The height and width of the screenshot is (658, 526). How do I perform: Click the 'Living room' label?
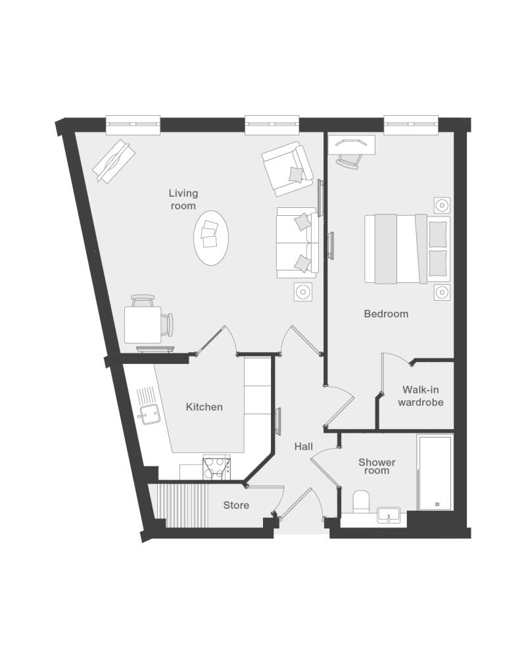click(x=183, y=199)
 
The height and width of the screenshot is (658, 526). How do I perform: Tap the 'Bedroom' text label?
click(x=386, y=313)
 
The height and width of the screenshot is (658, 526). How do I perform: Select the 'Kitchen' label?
click(x=204, y=407)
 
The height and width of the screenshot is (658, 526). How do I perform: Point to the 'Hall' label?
click(x=303, y=447)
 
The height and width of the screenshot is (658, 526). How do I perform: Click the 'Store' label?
click(x=236, y=505)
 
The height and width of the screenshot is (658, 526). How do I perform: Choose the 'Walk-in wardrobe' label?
click(x=420, y=395)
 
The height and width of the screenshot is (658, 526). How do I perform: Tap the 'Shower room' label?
click(x=377, y=467)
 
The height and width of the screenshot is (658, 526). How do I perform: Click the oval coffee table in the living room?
click(x=211, y=238)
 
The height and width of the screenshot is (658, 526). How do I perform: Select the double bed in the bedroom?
click(x=407, y=249)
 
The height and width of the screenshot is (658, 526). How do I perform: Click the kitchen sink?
click(x=150, y=415)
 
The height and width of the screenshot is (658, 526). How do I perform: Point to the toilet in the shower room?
click(x=361, y=501)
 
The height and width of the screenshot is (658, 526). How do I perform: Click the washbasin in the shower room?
click(x=389, y=515)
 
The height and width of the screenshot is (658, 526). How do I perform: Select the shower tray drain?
click(x=437, y=505)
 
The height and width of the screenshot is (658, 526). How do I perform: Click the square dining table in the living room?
click(x=143, y=325)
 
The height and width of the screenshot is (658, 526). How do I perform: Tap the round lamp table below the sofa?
click(x=303, y=291)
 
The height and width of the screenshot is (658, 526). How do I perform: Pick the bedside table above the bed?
click(x=442, y=205)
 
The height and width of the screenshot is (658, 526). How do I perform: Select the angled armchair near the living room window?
click(x=287, y=168)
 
